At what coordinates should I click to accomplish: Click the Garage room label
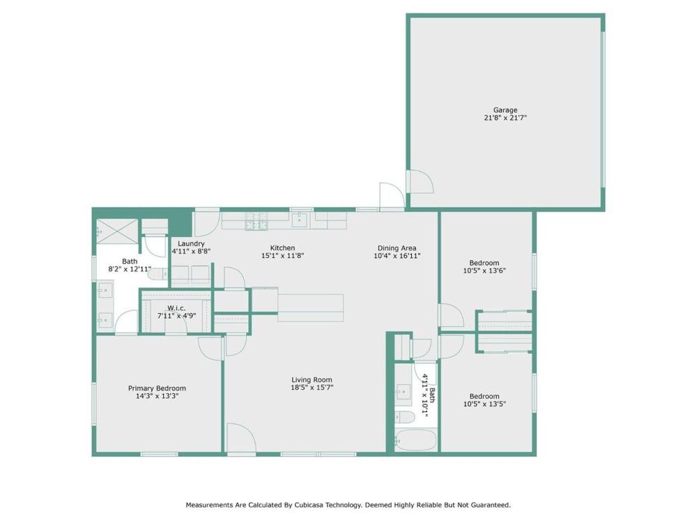[x=505, y=110]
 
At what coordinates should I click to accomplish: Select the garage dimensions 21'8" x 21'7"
[x=505, y=119]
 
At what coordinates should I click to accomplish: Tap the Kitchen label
[x=282, y=248]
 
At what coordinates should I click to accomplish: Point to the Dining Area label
[x=397, y=248]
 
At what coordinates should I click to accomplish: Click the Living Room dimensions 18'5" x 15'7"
[x=312, y=387]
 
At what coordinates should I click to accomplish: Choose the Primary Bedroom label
[x=157, y=388]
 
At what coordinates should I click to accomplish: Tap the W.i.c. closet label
[x=176, y=308]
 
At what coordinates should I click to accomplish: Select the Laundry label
[x=191, y=243]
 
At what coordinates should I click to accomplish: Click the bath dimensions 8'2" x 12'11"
[x=130, y=269]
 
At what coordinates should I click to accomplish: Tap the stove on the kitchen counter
[x=256, y=221]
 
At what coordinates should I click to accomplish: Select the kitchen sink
[x=300, y=220]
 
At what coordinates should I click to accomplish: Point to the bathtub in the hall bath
[x=415, y=441]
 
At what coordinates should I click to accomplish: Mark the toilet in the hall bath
[x=406, y=417]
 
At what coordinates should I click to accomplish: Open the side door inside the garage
[x=420, y=183]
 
